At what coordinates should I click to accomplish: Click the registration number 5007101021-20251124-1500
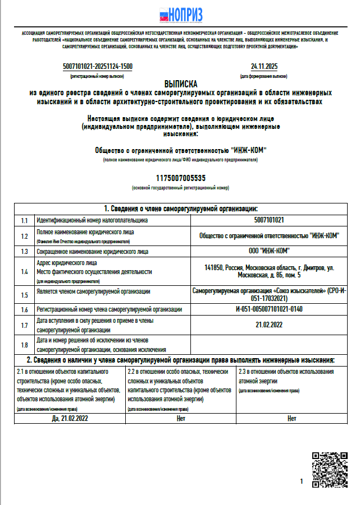98,67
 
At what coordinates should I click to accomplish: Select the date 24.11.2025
264,67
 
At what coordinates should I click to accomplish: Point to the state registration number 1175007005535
181,178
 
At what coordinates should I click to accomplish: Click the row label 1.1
24,220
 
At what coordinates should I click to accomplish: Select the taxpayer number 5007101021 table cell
269,220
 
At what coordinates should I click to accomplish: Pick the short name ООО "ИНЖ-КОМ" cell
269,251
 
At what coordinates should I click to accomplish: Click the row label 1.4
24,272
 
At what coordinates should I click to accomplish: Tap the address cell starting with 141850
269,272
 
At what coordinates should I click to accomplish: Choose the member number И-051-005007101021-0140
269,309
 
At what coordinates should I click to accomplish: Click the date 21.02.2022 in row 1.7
269,325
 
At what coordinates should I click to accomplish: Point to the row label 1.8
24,345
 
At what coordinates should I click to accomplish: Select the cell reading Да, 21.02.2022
70,418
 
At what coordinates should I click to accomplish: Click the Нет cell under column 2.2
180,418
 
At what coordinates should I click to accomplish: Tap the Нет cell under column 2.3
291,418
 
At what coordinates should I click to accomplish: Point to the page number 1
302,481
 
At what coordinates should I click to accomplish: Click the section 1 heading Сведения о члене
181,208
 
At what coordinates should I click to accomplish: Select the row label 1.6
24,309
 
